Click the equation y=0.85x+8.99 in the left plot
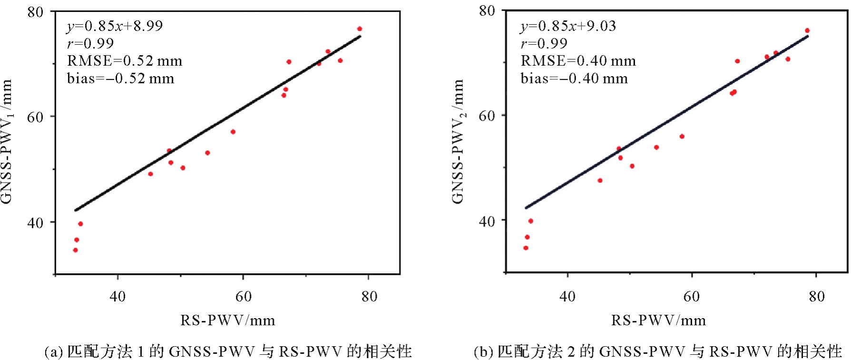coord(115,26)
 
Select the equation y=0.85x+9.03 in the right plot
coord(568,26)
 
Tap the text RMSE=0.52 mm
coord(125,61)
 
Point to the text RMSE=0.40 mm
coord(578,61)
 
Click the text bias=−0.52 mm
coord(120,78)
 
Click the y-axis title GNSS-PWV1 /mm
coord(7,141)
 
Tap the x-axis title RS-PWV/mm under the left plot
coord(227,320)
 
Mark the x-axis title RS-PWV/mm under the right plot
coord(658,320)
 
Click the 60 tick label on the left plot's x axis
coord(243,297)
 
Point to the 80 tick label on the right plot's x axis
coord(816,297)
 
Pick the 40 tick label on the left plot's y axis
coord(35,223)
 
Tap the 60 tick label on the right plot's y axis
coord(487,116)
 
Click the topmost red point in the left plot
coord(360,29)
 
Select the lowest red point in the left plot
coord(75,250)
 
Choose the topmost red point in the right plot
coord(807,30)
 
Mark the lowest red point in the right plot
coord(526,248)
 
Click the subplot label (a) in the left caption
coord(53,352)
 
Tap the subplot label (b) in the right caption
coord(483,352)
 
